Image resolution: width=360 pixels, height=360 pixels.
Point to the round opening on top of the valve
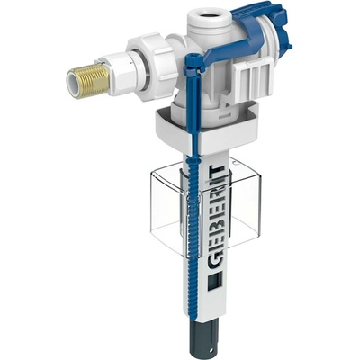210,15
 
